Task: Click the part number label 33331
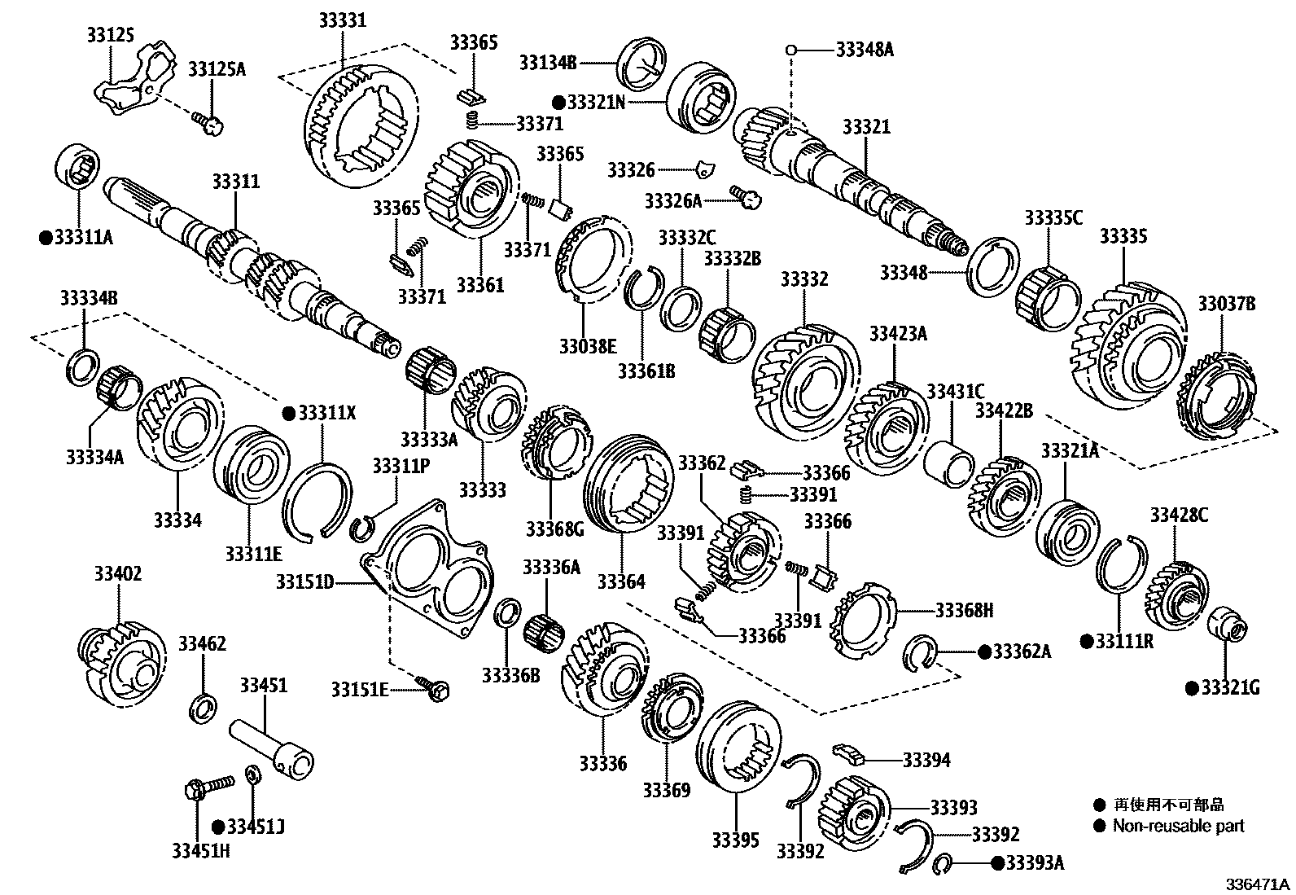point(342,20)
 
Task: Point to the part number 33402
point(117,574)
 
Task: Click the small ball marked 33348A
point(790,50)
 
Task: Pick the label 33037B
point(1226,305)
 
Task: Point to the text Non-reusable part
point(1179,826)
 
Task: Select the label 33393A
point(1035,862)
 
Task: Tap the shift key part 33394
point(848,753)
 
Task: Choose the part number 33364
point(621,581)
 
